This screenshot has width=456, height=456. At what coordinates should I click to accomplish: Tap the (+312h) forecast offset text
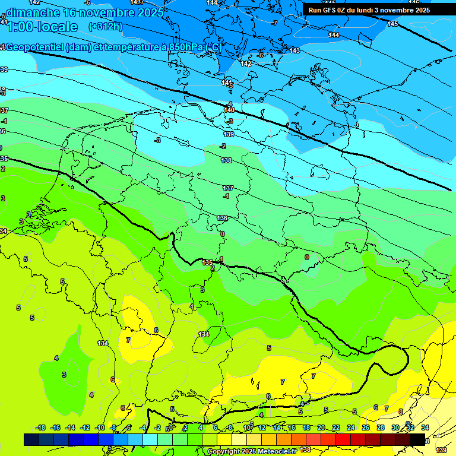click(105, 26)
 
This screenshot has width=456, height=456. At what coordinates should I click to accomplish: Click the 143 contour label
click(294, 50)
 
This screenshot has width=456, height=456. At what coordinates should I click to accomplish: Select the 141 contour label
click(227, 83)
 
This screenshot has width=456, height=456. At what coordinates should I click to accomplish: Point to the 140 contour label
click(229, 110)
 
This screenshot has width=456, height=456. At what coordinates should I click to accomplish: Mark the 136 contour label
click(223, 218)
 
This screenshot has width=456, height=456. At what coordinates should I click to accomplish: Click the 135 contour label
click(207, 262)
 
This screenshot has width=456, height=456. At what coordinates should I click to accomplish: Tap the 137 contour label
click(228, 188)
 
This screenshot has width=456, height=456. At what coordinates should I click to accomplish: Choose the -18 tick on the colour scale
click(41, 427)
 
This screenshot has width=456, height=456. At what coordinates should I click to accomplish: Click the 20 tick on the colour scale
click(321, 427)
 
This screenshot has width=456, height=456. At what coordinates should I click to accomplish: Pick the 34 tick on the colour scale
click(425, 427)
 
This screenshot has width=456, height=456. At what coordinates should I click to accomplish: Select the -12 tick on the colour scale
click(85, 427)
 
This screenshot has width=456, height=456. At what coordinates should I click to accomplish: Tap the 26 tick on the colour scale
click(366, 427)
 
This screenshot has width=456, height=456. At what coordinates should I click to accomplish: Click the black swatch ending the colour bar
click(417, 439)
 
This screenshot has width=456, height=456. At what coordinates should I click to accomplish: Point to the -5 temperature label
click(230, 85)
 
